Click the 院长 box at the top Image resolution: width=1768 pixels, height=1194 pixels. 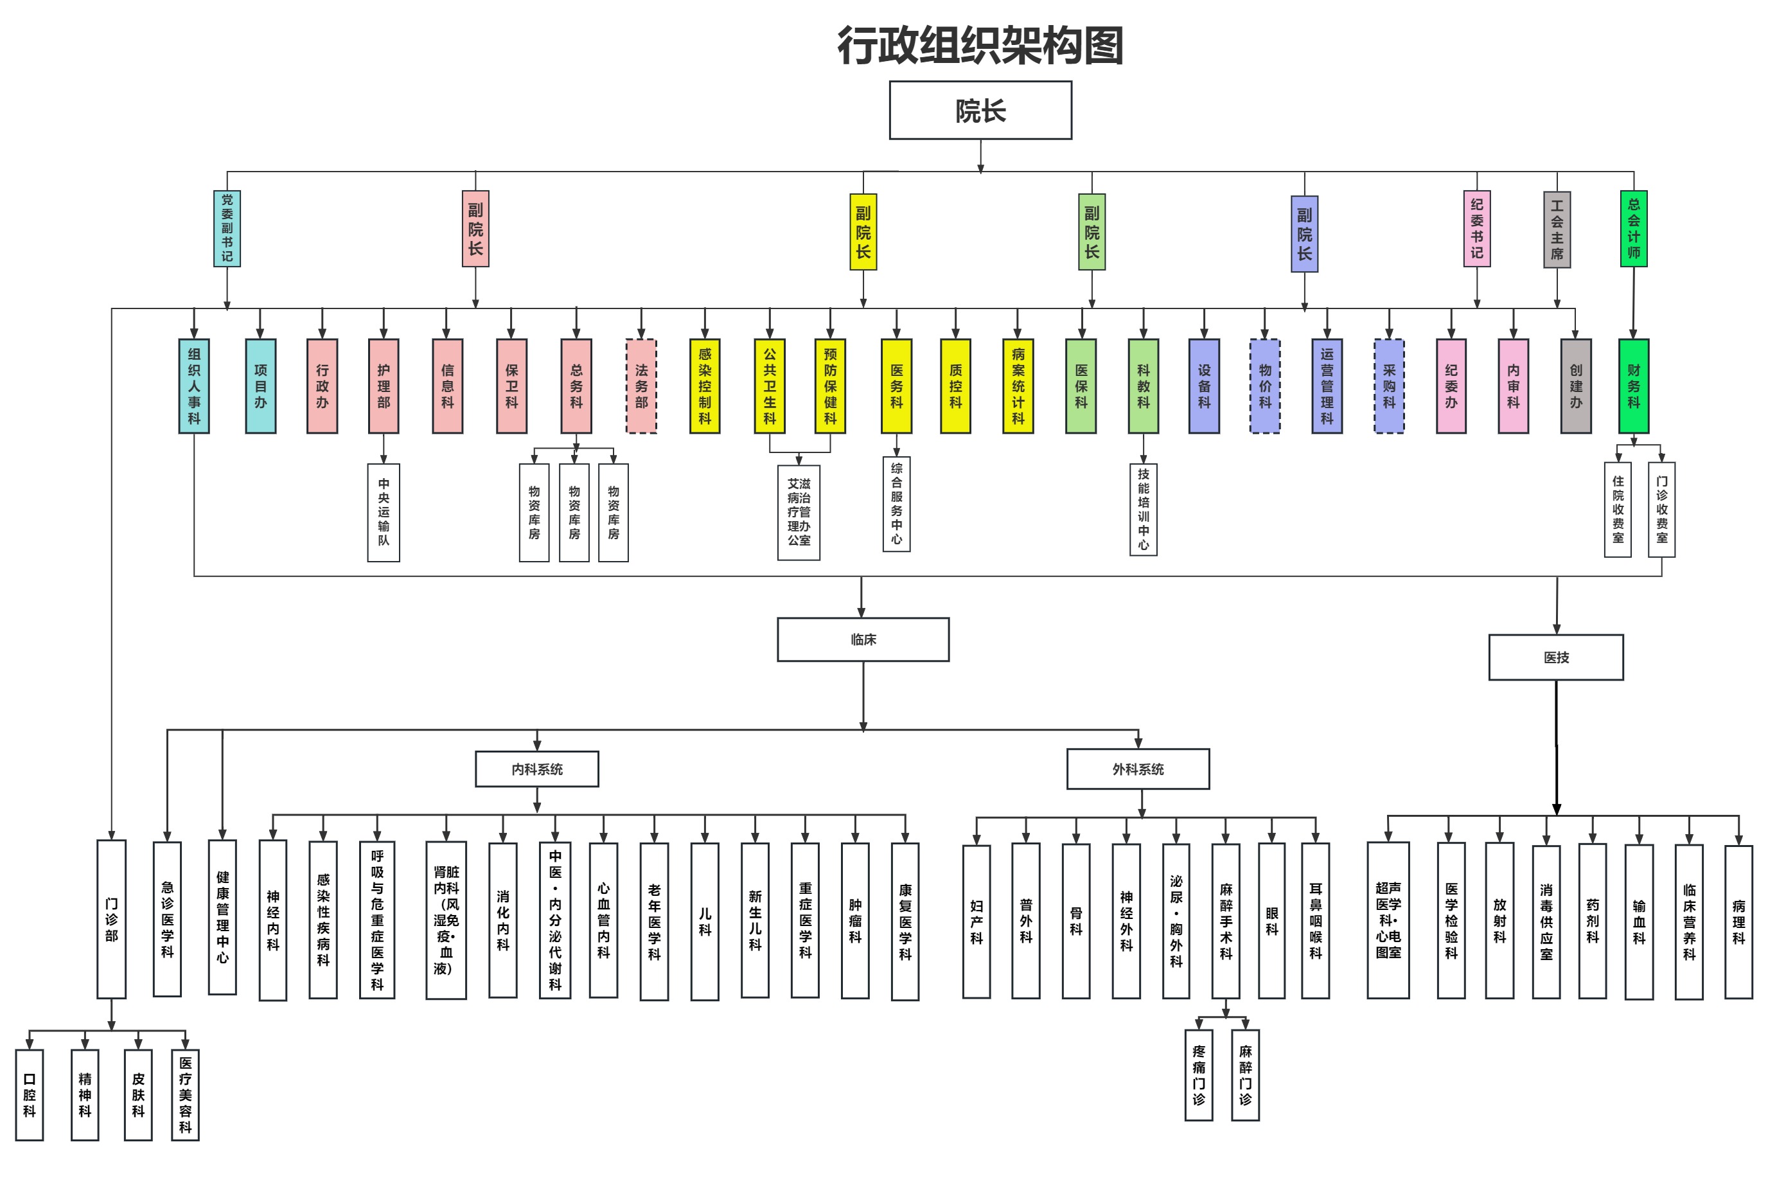click(980, 111)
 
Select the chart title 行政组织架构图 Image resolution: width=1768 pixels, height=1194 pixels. click(980, 46)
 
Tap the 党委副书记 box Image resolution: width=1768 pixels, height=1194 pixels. click(227, 228)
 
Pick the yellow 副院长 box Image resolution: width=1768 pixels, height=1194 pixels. click(863, 231)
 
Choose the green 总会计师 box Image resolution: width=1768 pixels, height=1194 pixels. click(1633, 228)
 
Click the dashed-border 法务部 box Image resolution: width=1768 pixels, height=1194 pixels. click(641, 386)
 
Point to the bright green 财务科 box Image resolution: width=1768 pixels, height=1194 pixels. click(1633, 386)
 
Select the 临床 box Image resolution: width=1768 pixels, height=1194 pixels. click(863, 639)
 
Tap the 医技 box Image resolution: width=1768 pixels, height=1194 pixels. click(1556, 657)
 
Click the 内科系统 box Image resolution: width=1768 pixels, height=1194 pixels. click(537, 769)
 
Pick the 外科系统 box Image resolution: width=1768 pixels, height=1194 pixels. click(1138, 769)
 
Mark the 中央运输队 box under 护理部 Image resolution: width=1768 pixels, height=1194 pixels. click(384, 512)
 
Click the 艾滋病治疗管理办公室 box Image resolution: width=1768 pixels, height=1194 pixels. click(799, 512)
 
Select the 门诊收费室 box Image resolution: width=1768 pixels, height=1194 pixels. click(1661, 509)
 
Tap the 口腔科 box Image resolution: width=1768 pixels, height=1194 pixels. click(30, 1094)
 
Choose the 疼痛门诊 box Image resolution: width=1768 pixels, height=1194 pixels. click(1198, 1074)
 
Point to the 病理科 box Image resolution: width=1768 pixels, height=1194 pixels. click(1738, 921)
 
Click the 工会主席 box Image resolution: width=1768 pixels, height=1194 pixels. click(1557, 228)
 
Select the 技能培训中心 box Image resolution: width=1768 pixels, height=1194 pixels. click(1143, 509)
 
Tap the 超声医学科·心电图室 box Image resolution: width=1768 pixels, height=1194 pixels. click(1388, 920)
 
